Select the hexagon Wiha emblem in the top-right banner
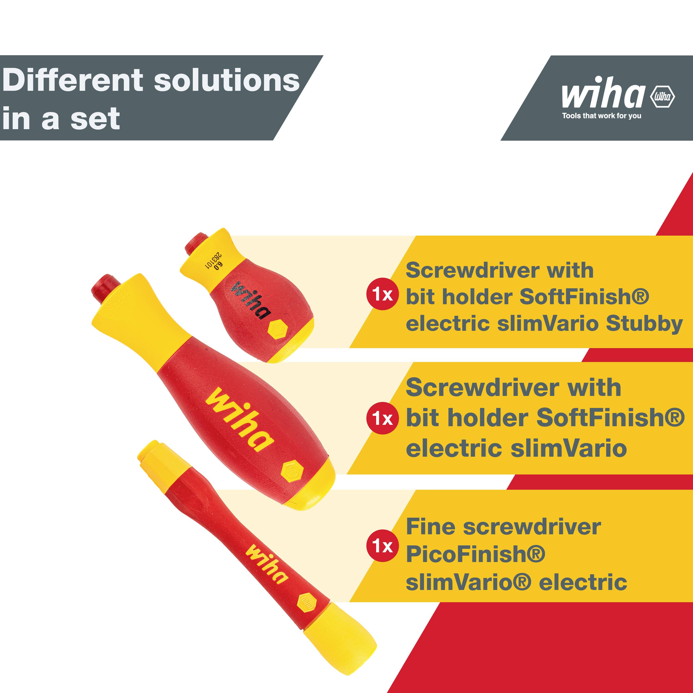point(663,96)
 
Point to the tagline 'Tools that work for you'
point(602,116)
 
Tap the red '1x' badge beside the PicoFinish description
point(382,546)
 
